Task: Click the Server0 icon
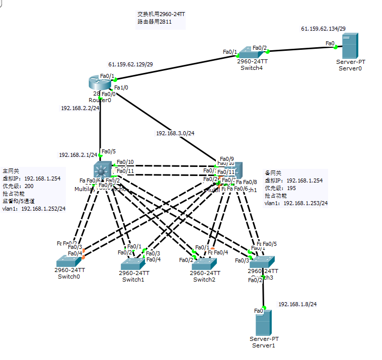pos(350,46)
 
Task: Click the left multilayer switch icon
pos(103,170)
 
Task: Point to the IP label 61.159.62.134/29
pos(323,29)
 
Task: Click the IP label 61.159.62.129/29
pos(130,64)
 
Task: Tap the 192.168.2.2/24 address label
pos(80,108)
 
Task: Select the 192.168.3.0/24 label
pos(175,133)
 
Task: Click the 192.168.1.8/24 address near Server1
pos(297,304)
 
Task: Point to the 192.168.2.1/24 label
pos(78,155)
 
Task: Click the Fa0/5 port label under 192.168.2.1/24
pos(108,151)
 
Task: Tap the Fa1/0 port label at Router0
pos(121,87)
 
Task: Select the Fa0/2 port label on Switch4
pos(260,48)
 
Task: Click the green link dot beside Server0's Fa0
pos(336,48)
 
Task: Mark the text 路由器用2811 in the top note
pos(151,22)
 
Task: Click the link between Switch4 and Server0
pos(302,50)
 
